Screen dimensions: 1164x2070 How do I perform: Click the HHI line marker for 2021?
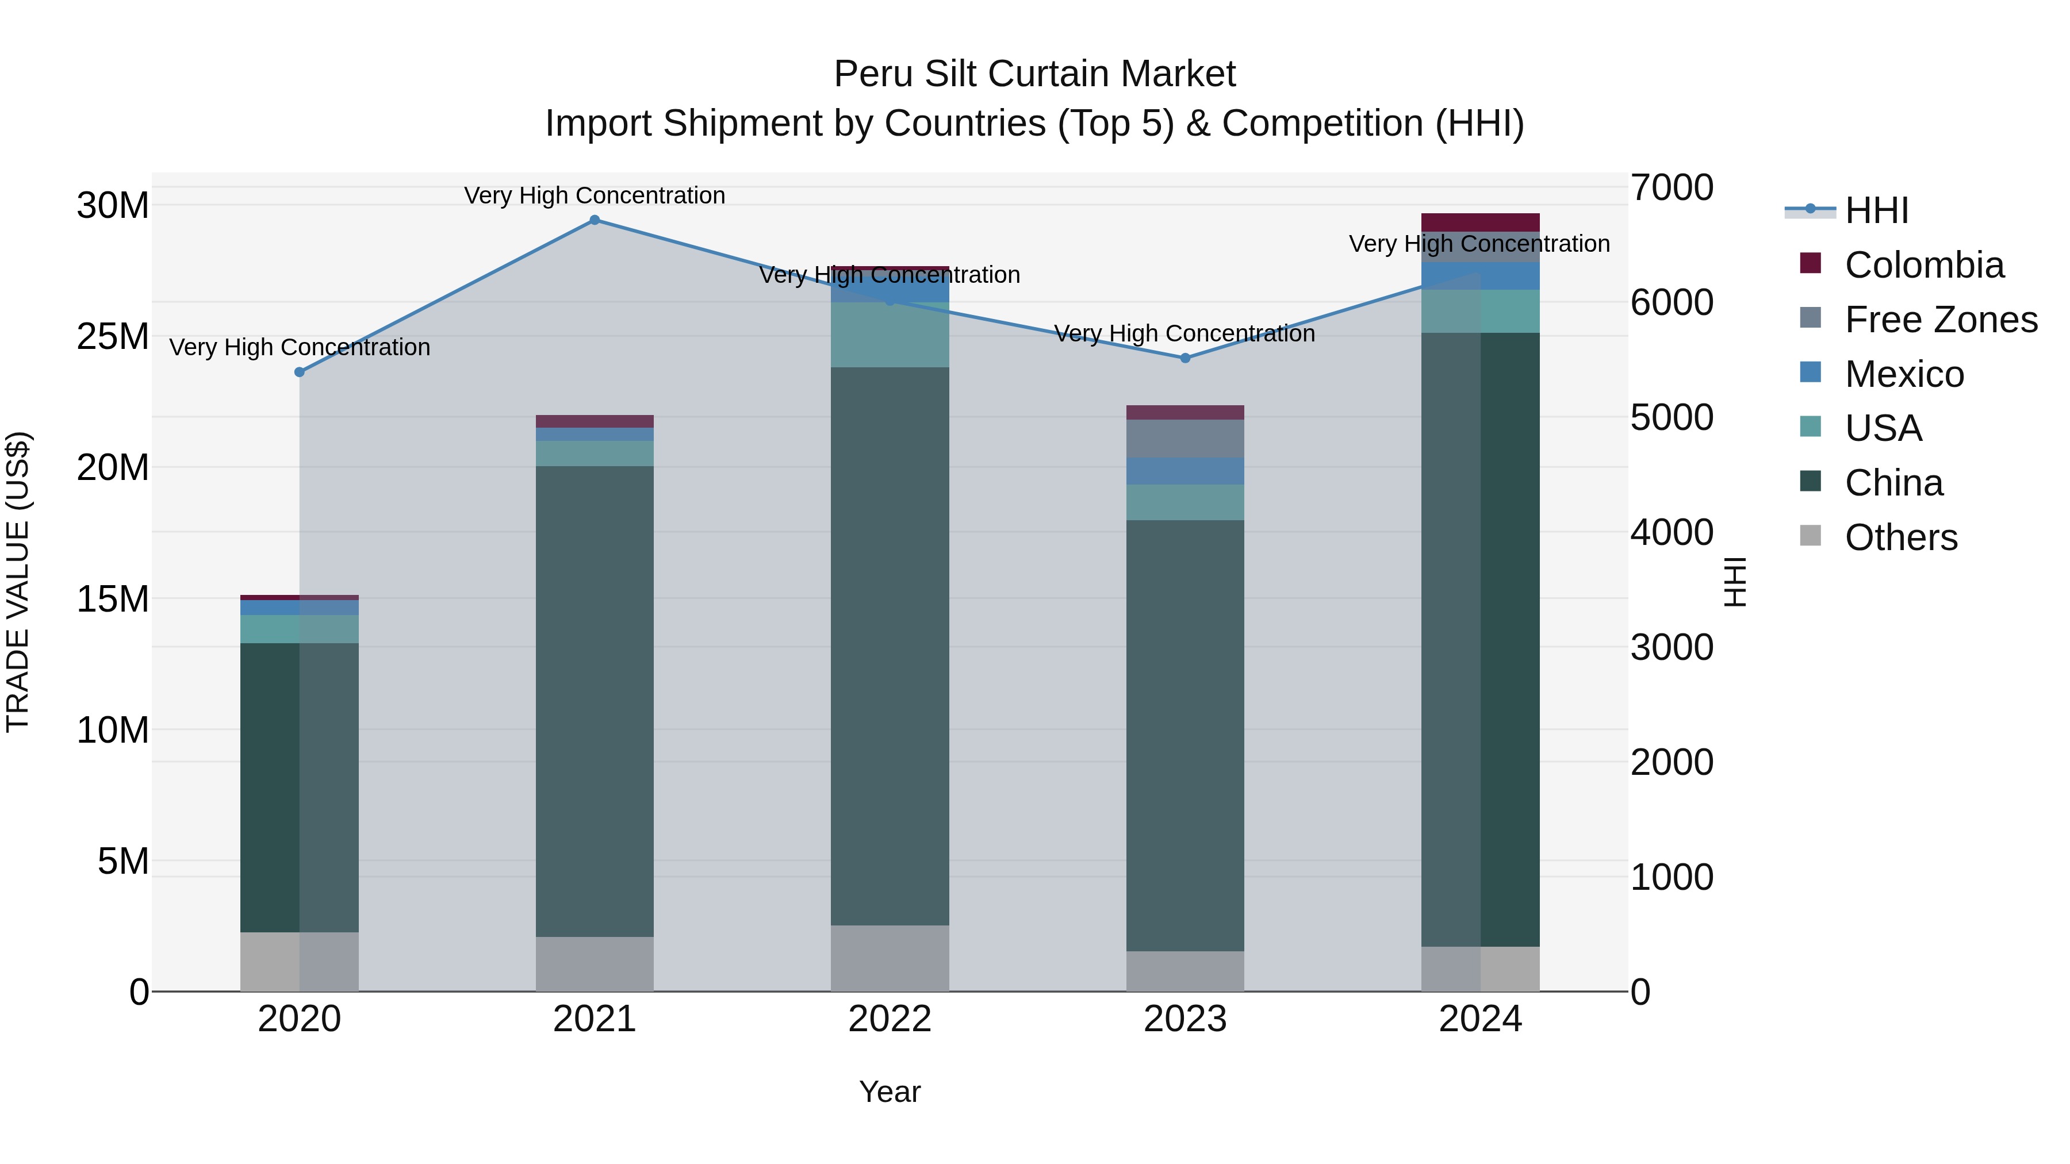coord(595,220)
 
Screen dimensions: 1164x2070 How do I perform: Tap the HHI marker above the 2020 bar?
coord(300,372)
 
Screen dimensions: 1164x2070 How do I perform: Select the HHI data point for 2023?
coord(1185,358)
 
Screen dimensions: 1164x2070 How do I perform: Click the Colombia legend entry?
coord(1924,265)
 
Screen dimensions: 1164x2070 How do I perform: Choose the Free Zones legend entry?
coord(1941,320)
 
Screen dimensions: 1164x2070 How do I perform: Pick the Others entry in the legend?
coord(1900,537)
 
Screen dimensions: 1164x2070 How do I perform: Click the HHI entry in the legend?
coord(1876,210)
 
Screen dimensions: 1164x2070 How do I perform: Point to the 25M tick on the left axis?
coord(113,337)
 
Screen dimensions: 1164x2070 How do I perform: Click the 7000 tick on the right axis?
coord(1672,188)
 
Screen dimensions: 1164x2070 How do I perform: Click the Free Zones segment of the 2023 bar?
coord(1185,439)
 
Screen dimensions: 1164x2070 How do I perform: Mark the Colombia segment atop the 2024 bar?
coord(1480,222)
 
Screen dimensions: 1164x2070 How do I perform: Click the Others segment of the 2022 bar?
coord(890,958)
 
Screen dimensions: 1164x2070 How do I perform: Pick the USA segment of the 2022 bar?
coord(890,335)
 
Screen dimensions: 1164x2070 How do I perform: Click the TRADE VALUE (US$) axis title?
coord(18,582)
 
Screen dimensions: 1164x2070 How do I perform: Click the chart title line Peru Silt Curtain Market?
coord(1034,74)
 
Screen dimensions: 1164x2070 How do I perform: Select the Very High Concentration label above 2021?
coord(595,196)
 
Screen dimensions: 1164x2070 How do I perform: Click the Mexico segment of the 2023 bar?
coord(1185,471)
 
